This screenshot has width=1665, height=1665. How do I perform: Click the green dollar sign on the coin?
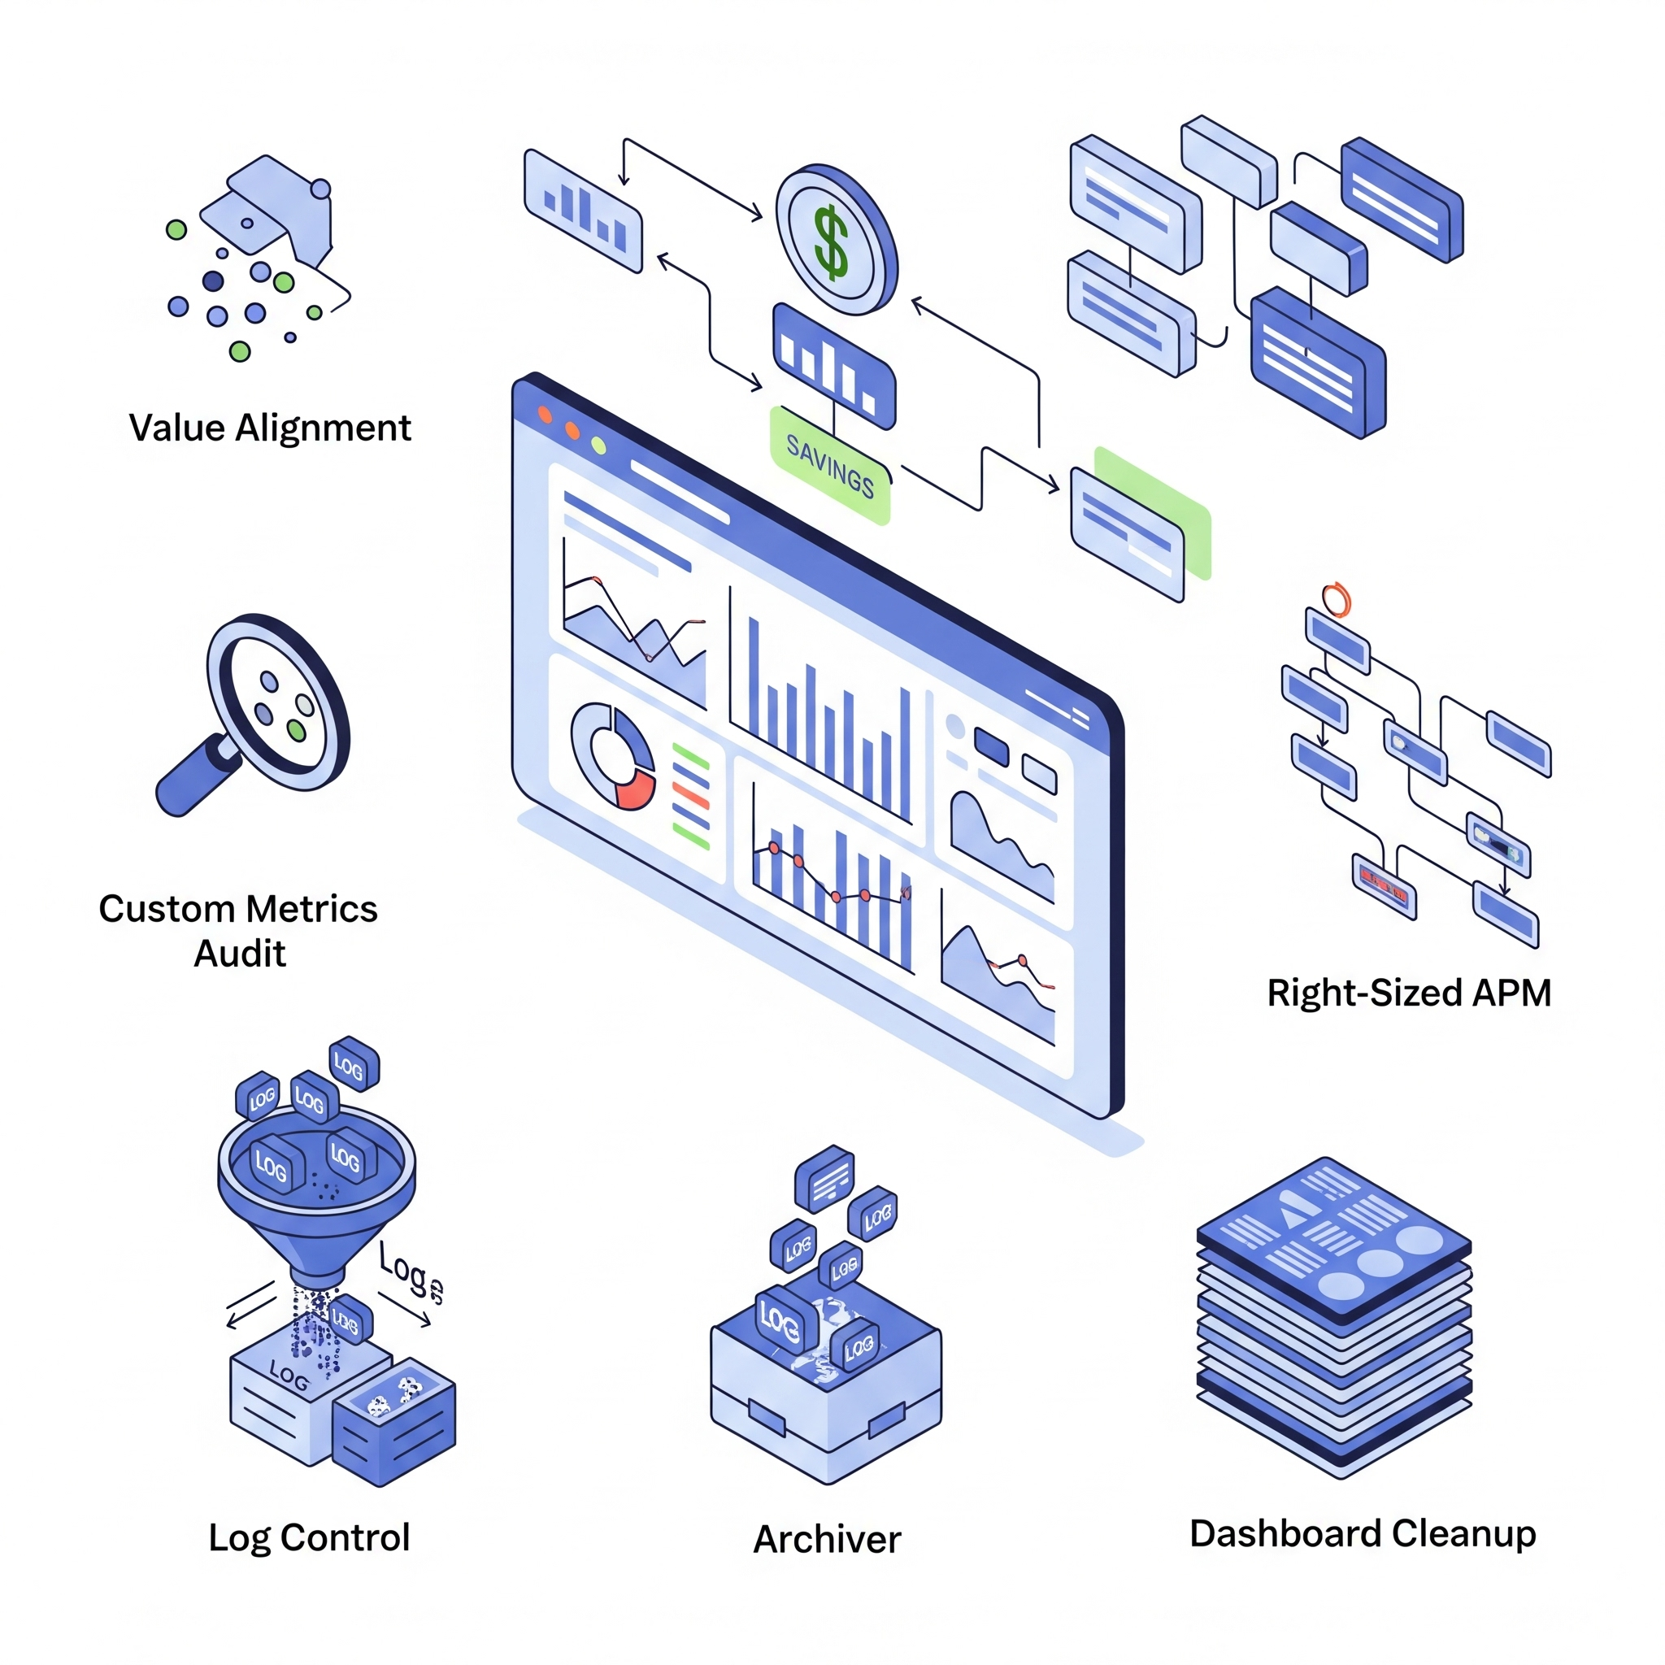point(831,242)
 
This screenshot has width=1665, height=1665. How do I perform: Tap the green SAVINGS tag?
point(830,466)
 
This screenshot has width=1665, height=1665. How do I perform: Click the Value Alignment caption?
point(270,428)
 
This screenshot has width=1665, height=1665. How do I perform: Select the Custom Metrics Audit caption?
point(238,931)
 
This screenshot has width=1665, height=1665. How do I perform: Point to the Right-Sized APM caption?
point(1408,993)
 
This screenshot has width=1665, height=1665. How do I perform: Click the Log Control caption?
point(308,1537)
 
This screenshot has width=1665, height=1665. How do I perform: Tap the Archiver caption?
point(827,1539)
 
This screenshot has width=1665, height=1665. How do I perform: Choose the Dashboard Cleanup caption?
point(1363,1533)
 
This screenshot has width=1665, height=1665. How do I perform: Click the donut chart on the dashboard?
point(613,756)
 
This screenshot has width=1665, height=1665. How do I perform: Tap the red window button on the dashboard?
point(545,415)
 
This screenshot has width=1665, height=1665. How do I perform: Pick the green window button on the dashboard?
point(598,446)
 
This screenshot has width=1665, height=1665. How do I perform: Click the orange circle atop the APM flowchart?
point(1336,599)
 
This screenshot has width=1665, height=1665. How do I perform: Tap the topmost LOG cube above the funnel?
point(354,1064)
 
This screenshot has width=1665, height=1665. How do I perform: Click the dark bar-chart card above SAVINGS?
point(832,365)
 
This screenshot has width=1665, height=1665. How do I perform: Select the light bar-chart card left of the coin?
point(584,211)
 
